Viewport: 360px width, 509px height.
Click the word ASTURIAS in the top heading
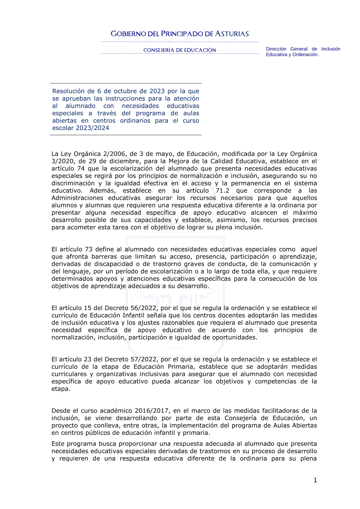pyautogui.click(x=232, y=34)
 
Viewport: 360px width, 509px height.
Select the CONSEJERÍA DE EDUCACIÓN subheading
pyautogui.click(x=180, y=50)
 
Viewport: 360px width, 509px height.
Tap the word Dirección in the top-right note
pyautogui.click(x=276, y=49)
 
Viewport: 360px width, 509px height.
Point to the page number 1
pyautogui.click(x=315, y=480)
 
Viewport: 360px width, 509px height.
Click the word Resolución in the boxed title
pyautogui.click(x=68, y=91)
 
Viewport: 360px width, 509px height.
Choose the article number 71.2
pyautogui.click(x=222, y=190)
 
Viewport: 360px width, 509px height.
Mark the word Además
pyautogui.click(x=103, y=190)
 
